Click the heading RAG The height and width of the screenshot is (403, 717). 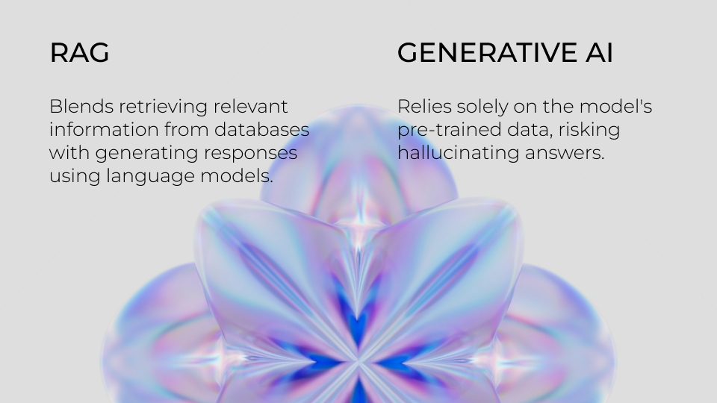click(80, 52)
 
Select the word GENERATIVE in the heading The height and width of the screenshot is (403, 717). click(488, 52)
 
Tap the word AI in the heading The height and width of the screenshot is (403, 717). click(599, 52)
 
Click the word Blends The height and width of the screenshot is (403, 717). click(81, 107)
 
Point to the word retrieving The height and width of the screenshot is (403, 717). click(164, 107)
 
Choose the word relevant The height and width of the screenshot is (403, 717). click(251, 107)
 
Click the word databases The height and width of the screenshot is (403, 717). click(261, 129)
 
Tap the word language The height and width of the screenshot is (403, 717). click(150, 176)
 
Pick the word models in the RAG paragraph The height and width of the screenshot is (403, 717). click(237, 175)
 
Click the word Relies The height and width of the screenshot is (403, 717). click(424, 107)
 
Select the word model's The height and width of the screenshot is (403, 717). click(615, 107)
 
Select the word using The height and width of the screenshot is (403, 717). click(75, 176)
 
